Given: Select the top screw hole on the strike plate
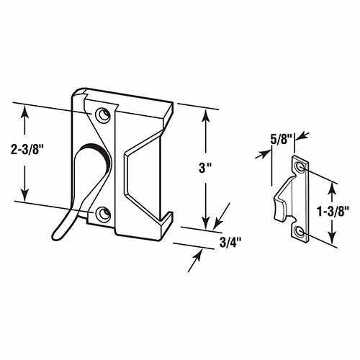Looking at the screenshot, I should (300, 168).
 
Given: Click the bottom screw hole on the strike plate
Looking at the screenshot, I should (300, 230).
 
